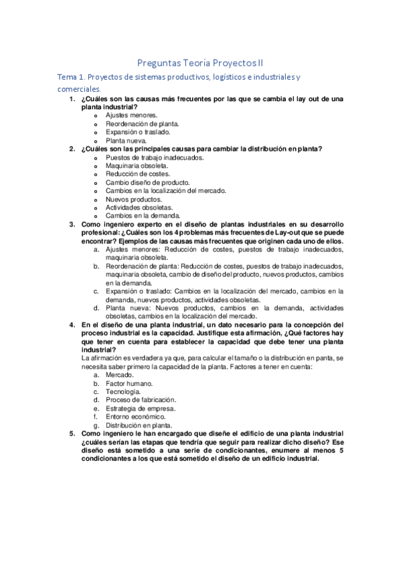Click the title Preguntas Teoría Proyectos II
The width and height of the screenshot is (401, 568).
click(x=200, y=62)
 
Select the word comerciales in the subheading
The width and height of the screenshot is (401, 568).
click(x=79, y=88)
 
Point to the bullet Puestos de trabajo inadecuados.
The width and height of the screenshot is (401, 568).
click(x=155, y=157)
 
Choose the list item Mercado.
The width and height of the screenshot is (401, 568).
click(x=119, y=375)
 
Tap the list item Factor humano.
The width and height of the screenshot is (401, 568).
click(x=129, y=383)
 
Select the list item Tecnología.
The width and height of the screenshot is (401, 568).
click(x=123, y=391)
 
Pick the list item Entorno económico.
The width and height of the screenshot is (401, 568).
click(x=135, y=416)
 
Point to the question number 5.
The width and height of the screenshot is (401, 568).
click(x=72, y=433)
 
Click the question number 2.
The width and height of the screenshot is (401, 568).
click(x=72, y=149)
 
